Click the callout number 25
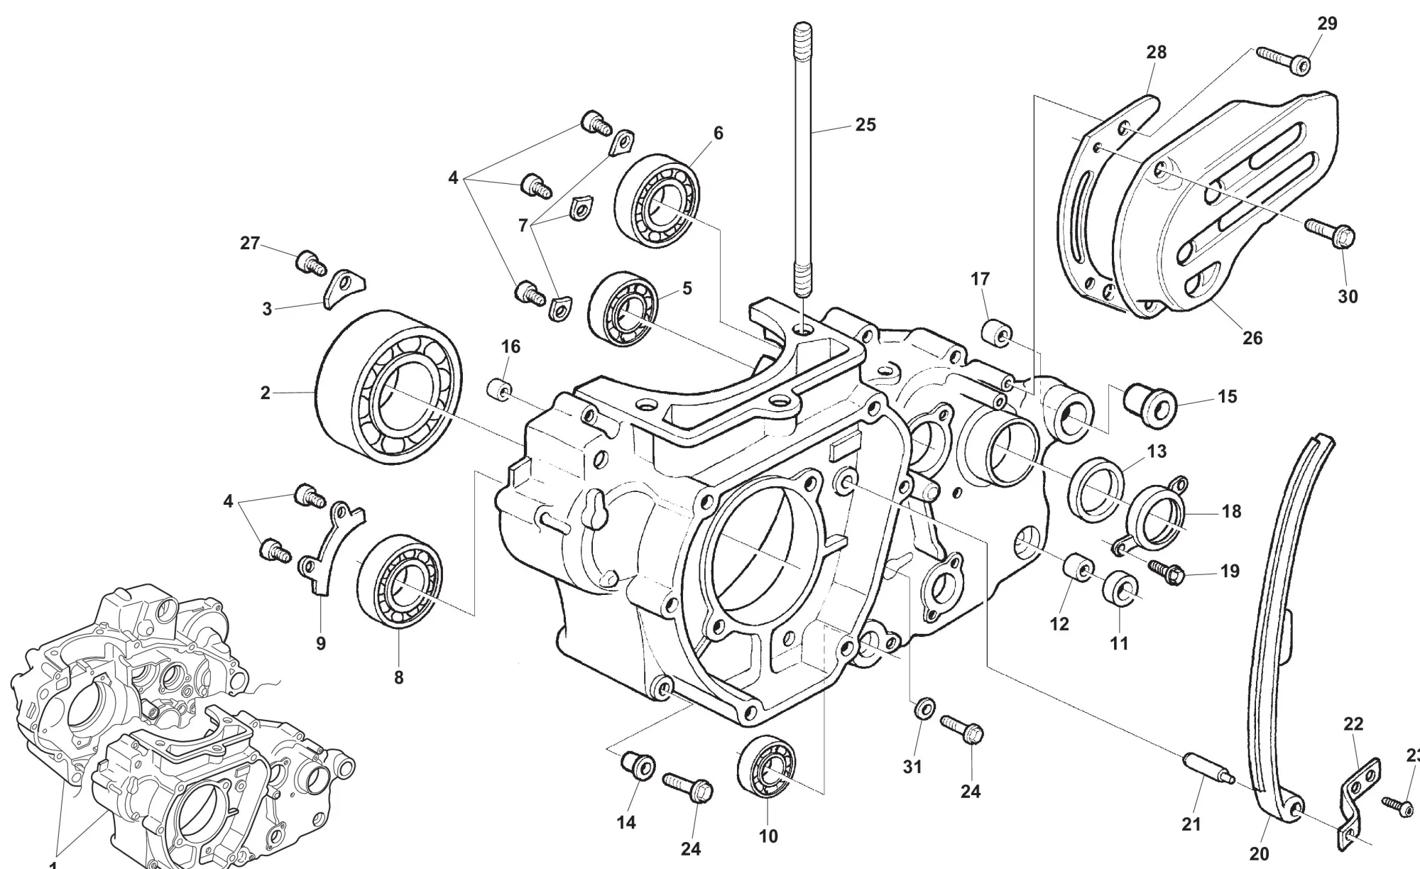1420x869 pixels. coord(865,125)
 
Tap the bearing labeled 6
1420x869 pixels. coord(657,200)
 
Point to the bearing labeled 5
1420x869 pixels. coord(623,309)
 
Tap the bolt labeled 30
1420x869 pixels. coord(1331,231)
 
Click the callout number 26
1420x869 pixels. coord(1252,338)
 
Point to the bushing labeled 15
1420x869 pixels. coord(1149,403)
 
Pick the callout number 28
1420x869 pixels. coord(1156,53)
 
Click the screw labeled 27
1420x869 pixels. coord(310,263)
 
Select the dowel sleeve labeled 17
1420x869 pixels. coord(995,334)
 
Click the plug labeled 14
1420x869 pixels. coord(635,765)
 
